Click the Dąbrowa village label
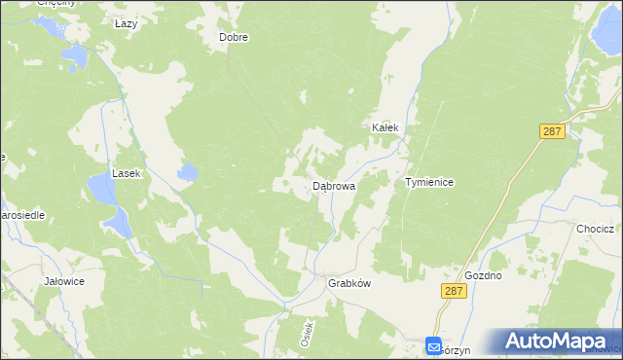pyautogui.click(x=333, y=185)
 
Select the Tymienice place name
pyautogui.click(x=429, y=182)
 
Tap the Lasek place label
pyautogui.click(x=127, y=173)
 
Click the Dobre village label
pyautogui.click(x=234, y=38)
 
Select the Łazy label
pyautogui.click(x=126, y=23)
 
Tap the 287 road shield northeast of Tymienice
pyautogui.click(x=552, y=130)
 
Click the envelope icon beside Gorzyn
pyautogui.click(x=433, y=346)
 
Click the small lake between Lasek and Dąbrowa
pyautogui.click(x=187, y=173)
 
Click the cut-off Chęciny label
pyautogui.click(x=55, y=4)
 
